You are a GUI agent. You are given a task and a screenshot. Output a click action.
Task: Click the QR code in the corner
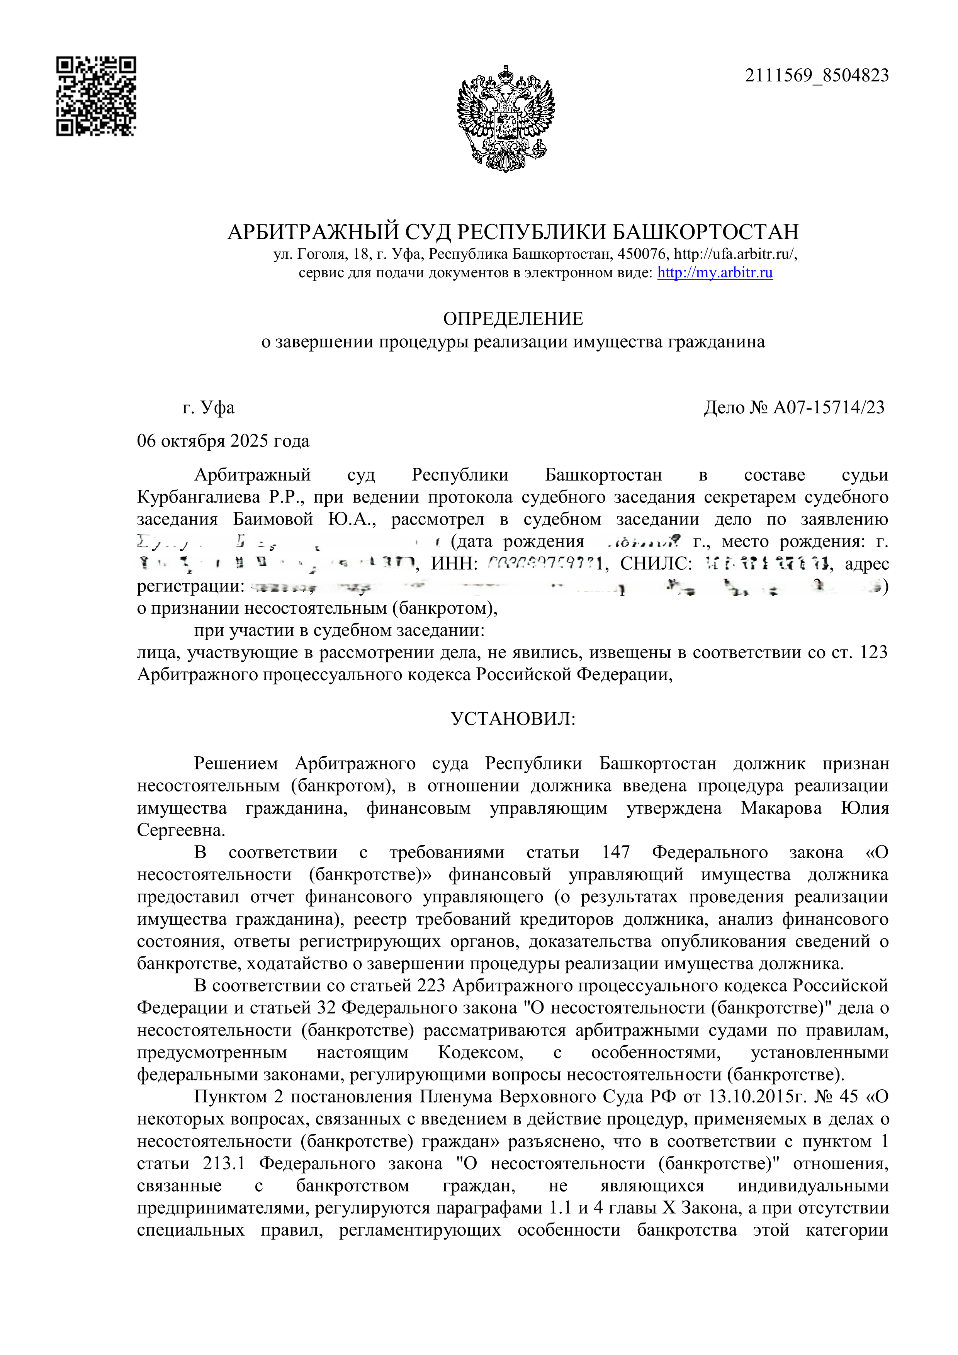[x=96, y=96]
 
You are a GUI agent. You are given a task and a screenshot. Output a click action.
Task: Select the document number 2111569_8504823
[x=816, y=76]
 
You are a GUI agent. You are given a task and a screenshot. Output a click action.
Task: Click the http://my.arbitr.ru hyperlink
[x=715, y=273]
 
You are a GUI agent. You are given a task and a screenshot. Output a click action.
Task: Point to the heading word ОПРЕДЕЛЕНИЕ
[x=513, y=319]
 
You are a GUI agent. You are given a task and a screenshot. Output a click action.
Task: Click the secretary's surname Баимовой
[x=273, y=520]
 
